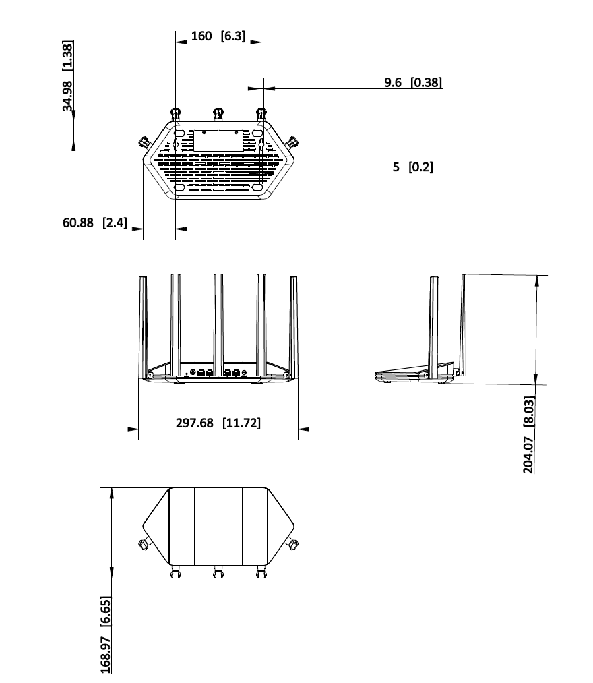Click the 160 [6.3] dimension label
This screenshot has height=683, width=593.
218,36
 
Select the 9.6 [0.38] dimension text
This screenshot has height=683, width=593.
413,82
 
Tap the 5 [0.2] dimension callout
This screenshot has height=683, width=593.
413,167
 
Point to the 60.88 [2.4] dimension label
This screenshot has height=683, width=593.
95,222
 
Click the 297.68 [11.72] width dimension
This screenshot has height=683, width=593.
218,423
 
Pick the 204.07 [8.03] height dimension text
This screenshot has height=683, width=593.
528,435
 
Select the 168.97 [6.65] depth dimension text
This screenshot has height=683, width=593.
105,634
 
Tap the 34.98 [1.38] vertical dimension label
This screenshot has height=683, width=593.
67,76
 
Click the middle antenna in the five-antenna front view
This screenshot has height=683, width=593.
218,325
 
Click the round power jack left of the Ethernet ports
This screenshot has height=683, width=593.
193,372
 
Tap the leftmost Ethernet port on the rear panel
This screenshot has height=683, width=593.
201,372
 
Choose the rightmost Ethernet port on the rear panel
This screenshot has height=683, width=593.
236,372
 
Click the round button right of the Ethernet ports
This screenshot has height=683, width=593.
244,372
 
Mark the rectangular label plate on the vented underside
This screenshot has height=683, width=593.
218,140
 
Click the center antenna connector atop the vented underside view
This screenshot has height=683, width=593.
218,115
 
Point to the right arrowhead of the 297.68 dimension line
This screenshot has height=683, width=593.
304,429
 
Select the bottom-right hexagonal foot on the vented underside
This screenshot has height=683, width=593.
257,187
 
